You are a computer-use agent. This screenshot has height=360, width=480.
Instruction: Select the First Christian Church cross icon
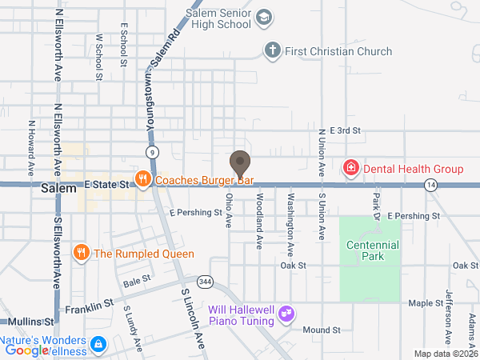point(273,52)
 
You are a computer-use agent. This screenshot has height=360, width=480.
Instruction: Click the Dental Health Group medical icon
point(350,168)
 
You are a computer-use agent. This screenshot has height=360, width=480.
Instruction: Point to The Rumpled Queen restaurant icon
point(81,254)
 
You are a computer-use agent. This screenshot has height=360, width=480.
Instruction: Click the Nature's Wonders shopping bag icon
point(98,345)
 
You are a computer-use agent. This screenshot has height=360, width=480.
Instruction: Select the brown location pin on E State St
point(239,163)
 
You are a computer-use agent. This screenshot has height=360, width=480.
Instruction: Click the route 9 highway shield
point(151,151)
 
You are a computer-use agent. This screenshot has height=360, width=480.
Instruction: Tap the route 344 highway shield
point(206,282)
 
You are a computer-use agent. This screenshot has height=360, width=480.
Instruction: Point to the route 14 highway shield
point(431,185)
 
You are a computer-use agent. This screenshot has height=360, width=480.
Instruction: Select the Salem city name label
point(58,189)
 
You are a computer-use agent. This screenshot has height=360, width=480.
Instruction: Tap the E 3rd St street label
point(339,130)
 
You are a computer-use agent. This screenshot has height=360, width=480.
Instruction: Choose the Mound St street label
point(322,330)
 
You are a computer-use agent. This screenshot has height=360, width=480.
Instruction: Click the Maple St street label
point(426,304)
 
